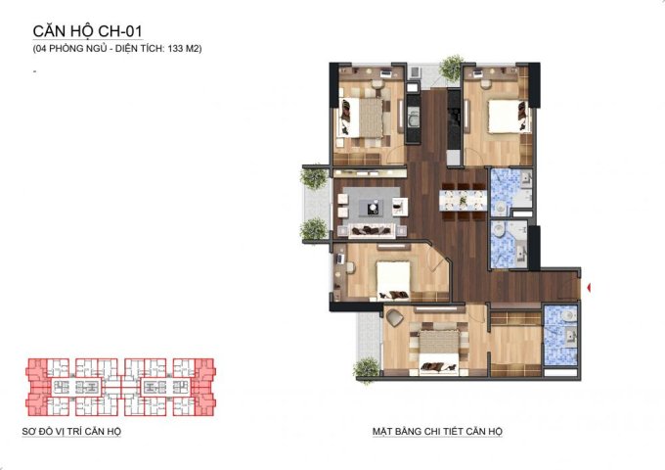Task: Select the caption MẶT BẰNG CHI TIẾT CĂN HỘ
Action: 437,431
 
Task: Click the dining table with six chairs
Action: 462,198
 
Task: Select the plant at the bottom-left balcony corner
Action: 367,368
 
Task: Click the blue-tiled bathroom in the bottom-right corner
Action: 561,337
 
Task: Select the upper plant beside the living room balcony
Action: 315,179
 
